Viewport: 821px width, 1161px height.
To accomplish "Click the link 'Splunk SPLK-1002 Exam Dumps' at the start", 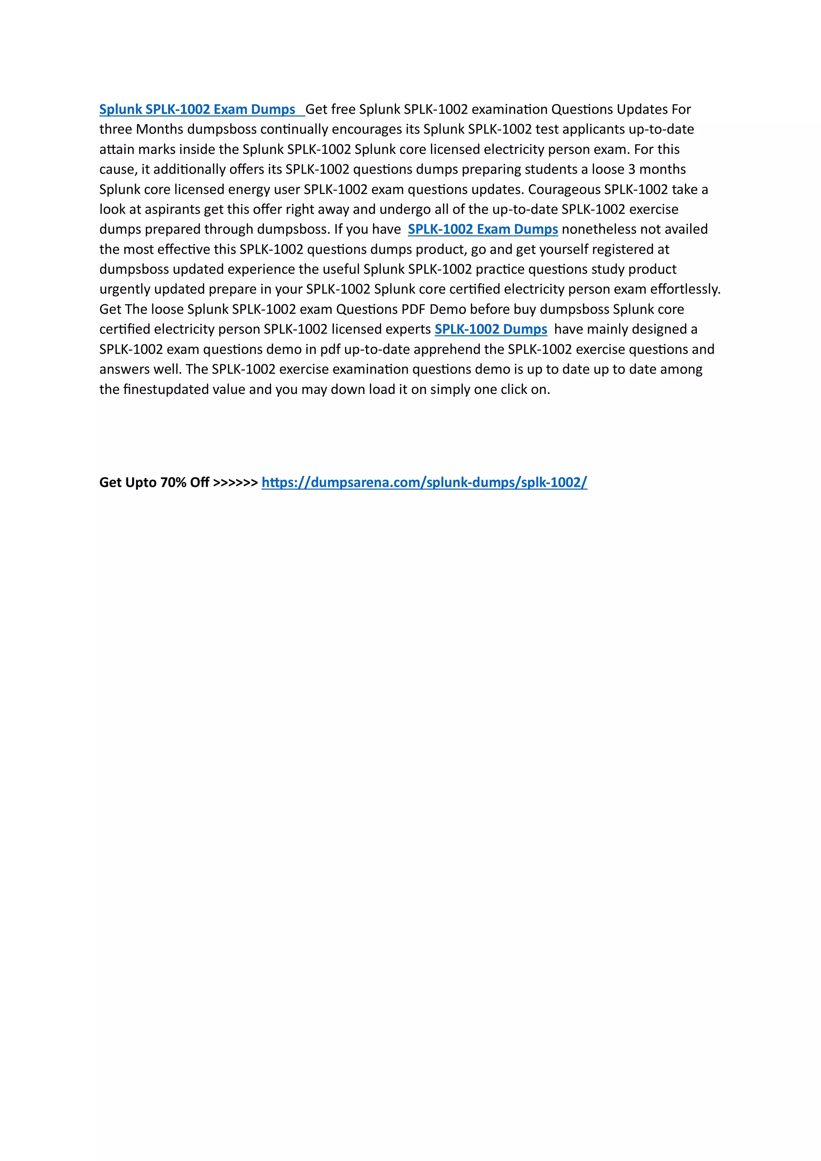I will pos(197,110).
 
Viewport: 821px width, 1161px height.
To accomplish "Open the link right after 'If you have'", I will pos(483,230).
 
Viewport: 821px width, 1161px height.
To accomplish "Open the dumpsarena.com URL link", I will pos(424,483).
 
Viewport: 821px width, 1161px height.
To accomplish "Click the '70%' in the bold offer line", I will pos(173,483).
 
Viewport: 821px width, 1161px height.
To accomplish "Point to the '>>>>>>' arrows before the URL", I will pos(235,483).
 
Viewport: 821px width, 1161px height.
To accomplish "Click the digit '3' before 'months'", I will pos(632,170).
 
